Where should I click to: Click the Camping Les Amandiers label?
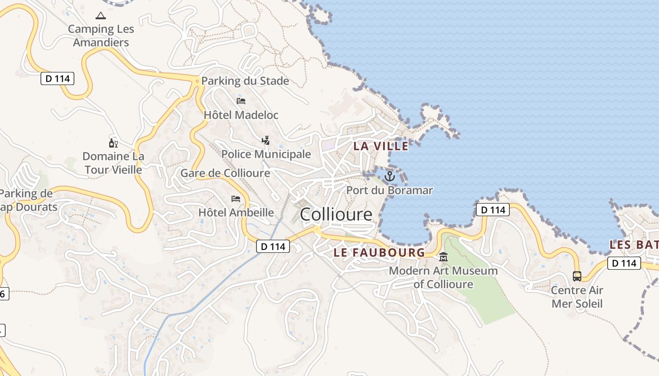pyautogui.click(x=101, y=36)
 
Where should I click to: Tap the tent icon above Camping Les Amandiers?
pyautogui.click(x=101, y=16)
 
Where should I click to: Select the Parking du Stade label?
pyautogui.click(x=245, y=81)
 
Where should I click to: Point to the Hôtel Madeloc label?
pyautogui.click(x=241, y=115)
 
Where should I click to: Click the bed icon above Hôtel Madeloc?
pyautogui.click(x=241, y=101)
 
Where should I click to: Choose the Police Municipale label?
pyautogui.click(x=266, y=154)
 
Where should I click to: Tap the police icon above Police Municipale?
pyautogui.click(x=266, y=140)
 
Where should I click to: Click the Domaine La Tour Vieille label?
pyautogui.click(x=113, y=163)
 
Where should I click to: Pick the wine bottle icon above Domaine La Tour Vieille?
pyautogui.click(x=113, y=143)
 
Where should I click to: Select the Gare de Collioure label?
pyautogui.click(x=225, y=173)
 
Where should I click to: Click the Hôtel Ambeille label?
pyautogui.click(x=236, y=212)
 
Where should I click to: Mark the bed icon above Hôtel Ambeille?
pyautogui.click(x=236, y=199)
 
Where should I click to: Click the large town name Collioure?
pyautogui.click(x=336, y=215)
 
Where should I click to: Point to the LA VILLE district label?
pyautogui.click(x=381, y=146)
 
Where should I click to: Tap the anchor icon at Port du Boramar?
pyautogui.click(x=389, y=176)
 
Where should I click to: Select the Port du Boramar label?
pyautogui.click(x=389, y=190)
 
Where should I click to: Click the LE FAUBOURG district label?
pyautogui.click(x=379, y=253)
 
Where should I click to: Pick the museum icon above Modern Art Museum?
pyautogui.click(x=443, y=257)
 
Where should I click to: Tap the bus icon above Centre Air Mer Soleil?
pyautogui.click(x=577, y=276)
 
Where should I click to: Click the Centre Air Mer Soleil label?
pyautogui.click(x=577, y=297)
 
